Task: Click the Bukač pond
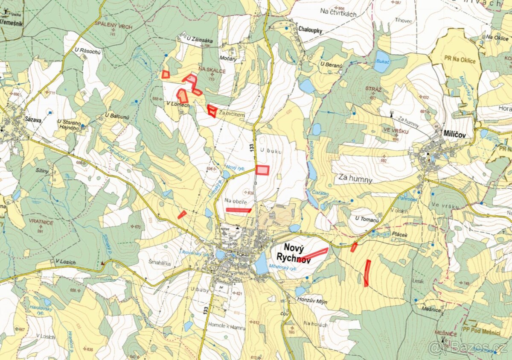click(381, 62)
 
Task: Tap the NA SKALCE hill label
click(212, 71)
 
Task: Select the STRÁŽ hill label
click(373, 89)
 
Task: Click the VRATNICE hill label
click(41, 222)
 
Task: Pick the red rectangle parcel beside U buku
click(262, 170)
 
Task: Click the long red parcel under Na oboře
click(238, 210)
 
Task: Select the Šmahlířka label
click(160, 263)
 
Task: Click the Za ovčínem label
click(232, 114)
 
